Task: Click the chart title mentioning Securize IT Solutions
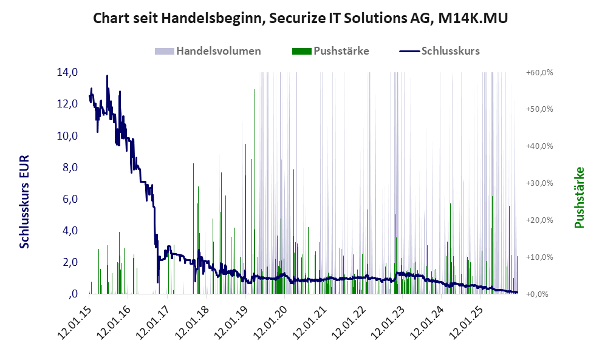[x=301, y=19]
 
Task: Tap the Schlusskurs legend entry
[x=450, y=51]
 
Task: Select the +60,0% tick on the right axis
[x=539, y=72]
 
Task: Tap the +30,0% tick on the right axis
[x=539, y=183]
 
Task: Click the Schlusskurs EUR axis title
[x=25, y=201]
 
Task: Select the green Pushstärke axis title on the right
[x=579, y=197]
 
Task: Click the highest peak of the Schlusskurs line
[x=107, y=76]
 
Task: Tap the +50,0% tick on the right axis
[x=539, y=109]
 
